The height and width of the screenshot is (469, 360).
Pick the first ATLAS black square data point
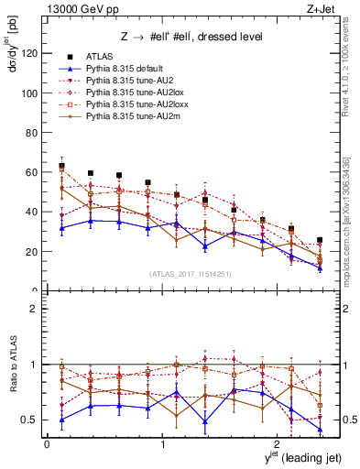(x=61, y=166)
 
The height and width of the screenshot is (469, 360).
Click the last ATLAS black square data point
(x=320, y=240)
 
